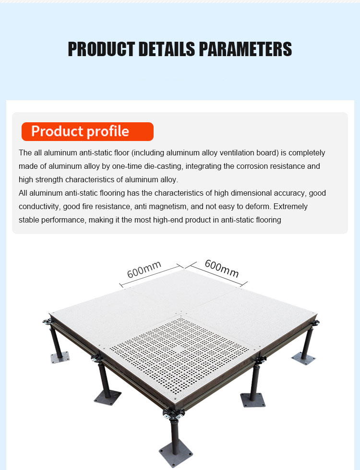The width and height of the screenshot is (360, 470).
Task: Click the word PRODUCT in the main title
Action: [101, 49]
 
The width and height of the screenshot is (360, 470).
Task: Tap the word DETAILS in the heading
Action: [167, 49]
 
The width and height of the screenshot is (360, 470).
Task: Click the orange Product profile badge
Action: [87, 131]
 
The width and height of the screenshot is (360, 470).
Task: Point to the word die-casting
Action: [163, 166]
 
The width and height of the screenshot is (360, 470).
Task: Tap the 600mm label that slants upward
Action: [144, 270]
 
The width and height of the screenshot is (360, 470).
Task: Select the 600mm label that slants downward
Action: [222, 269]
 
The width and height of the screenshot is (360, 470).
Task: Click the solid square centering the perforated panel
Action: [178, 349]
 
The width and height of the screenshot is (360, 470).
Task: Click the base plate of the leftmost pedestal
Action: [60, 357]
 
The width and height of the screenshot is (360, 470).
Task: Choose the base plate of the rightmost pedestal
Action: [303, 358]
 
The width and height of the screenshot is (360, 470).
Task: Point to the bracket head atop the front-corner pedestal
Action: [174, 414]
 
